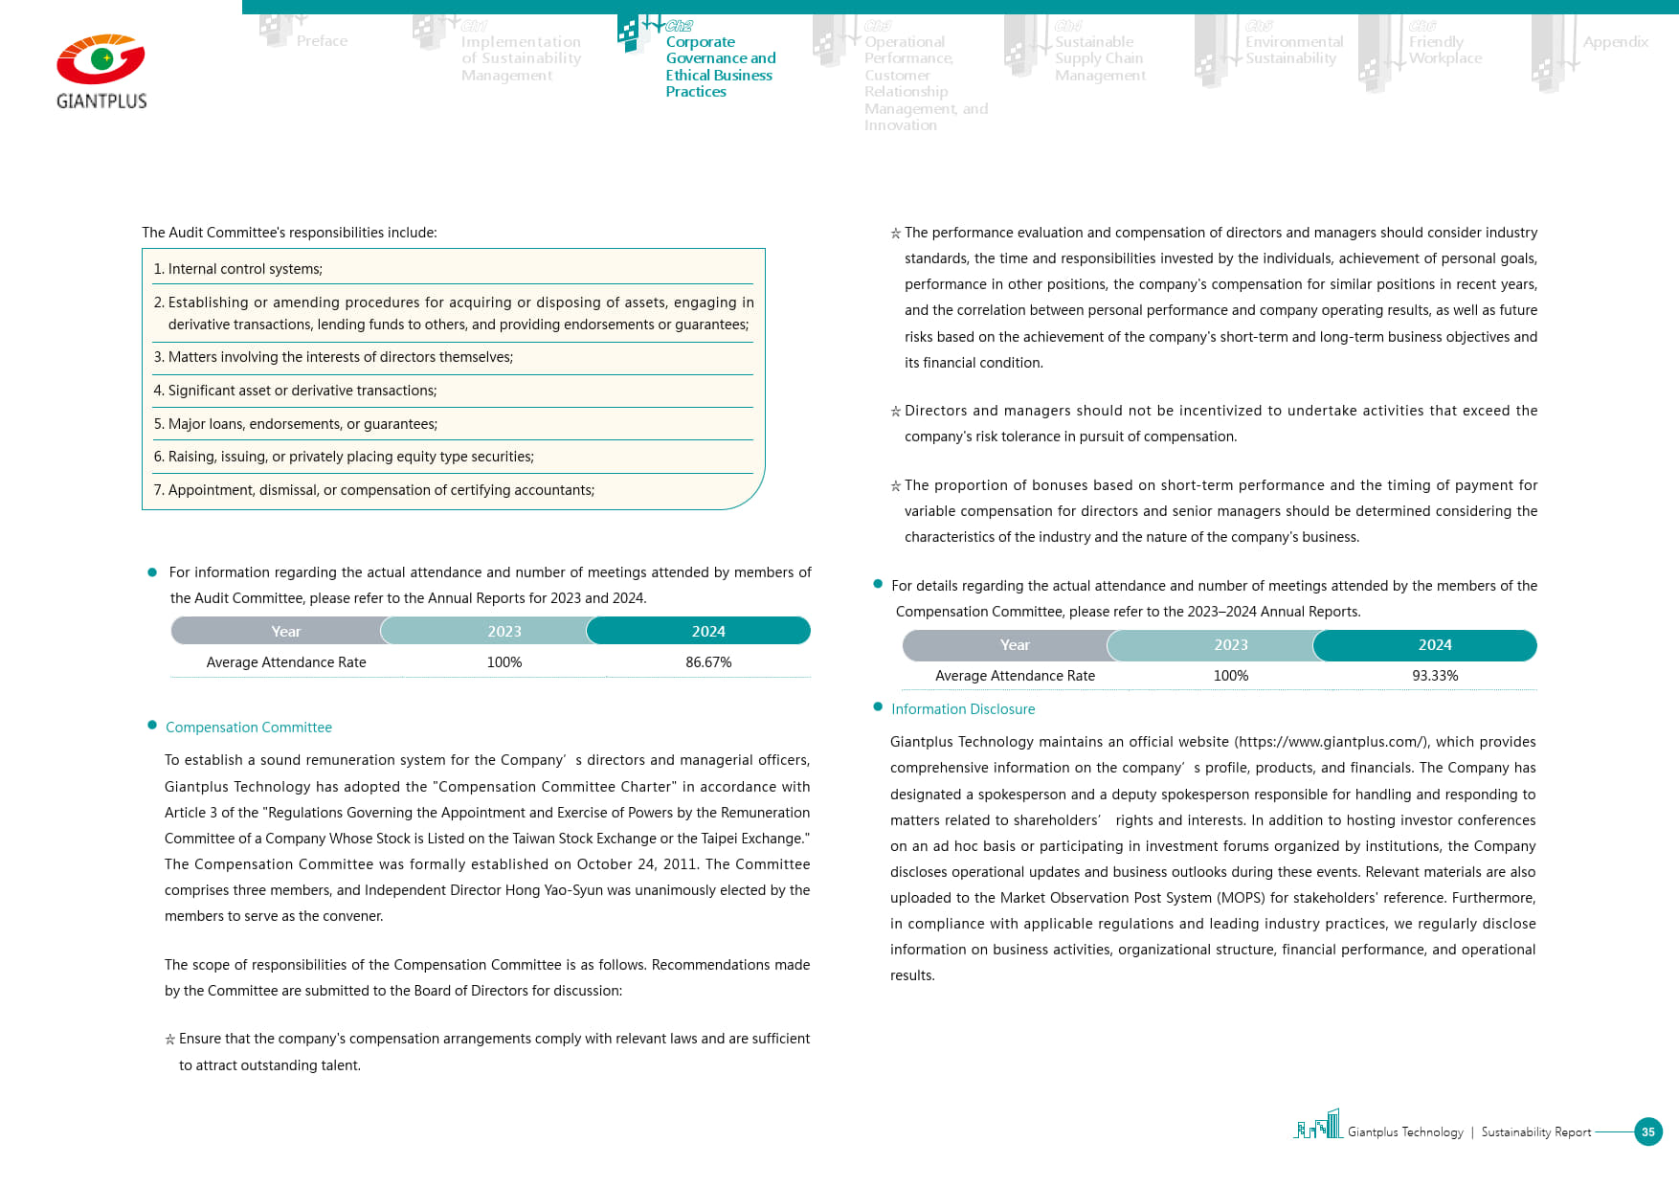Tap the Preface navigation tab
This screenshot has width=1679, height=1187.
tap(322, 41)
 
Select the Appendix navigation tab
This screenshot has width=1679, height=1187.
tap(1615, 42)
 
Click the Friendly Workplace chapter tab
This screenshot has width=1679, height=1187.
tap(1444, 50)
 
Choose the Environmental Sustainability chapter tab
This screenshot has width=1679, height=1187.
tap(1293, 50)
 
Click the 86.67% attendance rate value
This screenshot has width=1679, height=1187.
tap(708, 662)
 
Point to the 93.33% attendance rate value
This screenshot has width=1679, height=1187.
tap(1435, 676)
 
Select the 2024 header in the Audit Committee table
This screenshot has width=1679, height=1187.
tap(708, 632)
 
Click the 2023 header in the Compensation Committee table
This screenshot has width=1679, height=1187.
tap(1230, 645)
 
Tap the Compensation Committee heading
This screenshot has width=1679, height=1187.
tap(249, 728)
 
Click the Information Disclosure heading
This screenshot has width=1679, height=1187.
tap(963, 709)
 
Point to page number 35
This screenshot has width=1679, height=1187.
tap(1647, 1131)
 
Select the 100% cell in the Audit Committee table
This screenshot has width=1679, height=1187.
tap(504, 662)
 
